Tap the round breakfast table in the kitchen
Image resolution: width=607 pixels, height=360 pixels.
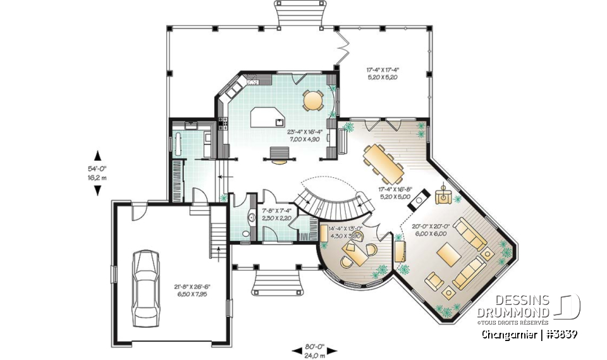312,100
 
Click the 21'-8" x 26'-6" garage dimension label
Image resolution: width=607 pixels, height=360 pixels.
192,290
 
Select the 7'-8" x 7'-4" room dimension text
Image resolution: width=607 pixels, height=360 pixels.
276,214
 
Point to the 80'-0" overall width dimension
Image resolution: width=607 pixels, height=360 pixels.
314,349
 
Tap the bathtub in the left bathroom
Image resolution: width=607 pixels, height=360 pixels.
180,144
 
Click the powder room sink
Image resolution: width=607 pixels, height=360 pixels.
251,218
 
